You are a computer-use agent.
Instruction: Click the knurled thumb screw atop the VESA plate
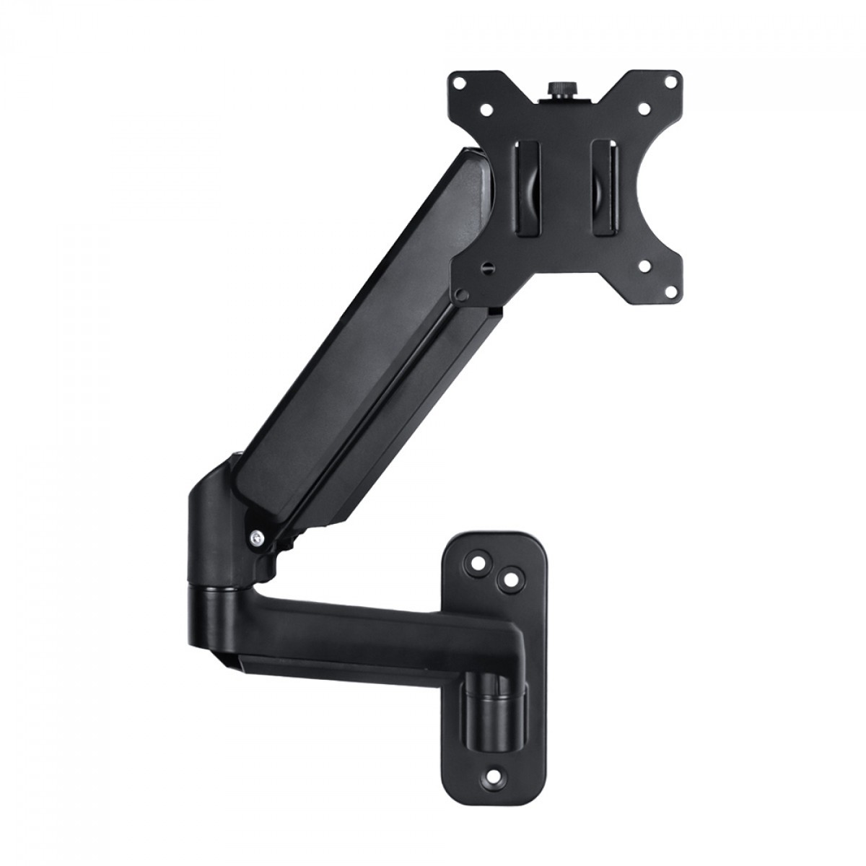pyautogui.click(x=560, y=88)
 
